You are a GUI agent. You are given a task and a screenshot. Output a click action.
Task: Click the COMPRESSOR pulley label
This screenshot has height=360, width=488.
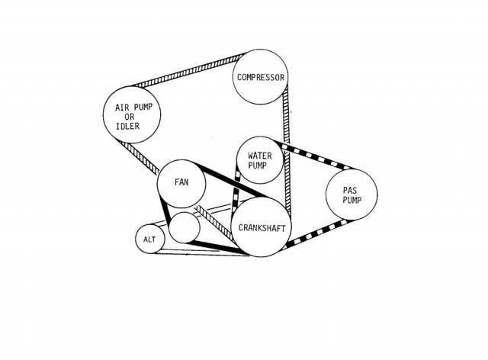pos(261,77)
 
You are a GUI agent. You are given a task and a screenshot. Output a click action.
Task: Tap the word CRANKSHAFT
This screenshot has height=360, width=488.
pos(262,228)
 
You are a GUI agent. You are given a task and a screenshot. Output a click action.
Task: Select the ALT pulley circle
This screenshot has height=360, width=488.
pos(149,239)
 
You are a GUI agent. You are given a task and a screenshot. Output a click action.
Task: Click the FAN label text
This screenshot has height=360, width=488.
pos(181,182)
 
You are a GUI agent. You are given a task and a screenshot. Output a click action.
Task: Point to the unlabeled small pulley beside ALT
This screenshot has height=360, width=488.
pos(185,227)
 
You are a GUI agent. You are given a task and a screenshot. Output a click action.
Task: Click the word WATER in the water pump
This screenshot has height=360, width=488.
pos(260,156)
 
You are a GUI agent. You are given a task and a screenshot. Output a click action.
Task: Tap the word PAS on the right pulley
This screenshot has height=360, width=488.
pos(350,190)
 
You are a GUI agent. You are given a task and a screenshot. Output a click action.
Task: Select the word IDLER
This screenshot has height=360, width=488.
pos(127,126)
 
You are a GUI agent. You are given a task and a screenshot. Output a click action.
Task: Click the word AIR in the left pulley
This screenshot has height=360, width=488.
pos(122,108)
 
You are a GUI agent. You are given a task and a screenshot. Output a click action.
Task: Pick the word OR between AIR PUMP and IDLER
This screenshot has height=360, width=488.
pos(130,117)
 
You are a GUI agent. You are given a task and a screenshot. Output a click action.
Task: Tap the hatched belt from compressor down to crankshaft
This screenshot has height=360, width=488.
pos(287,149)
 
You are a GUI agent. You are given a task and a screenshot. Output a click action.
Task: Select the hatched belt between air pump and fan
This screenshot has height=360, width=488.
pos(139,157)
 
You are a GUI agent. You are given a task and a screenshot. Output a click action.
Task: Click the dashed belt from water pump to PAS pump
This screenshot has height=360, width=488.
pos(316,156)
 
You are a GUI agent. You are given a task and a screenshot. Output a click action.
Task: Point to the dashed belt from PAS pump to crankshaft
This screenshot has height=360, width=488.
pos(317,233)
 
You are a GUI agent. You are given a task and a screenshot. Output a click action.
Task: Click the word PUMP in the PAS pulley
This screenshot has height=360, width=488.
pos(352,200)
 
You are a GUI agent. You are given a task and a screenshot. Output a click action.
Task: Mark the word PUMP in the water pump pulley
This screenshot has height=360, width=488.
pos(258,166)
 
